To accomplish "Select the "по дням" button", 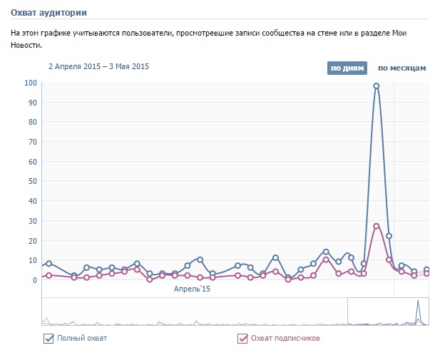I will (x=347, y=68).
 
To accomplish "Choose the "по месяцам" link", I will (x=401, y=68).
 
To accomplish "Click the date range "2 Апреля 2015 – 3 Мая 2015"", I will (x=99, y=66).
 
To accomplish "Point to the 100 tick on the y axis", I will (x=31, y=83).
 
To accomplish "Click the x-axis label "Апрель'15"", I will (x=193, y=289).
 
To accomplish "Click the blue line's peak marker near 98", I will (x=377, y=86).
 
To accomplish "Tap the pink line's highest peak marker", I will (x=377, y=226).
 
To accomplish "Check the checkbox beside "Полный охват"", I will (x=48, y=338).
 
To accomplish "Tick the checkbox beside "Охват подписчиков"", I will (x=242, y=338).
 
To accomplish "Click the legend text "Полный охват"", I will (x=82, y=338).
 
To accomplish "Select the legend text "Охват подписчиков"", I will (x=284, y=338).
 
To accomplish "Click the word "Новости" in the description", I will (x=26, y=45).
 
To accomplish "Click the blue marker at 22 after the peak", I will (x=389, y=236).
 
